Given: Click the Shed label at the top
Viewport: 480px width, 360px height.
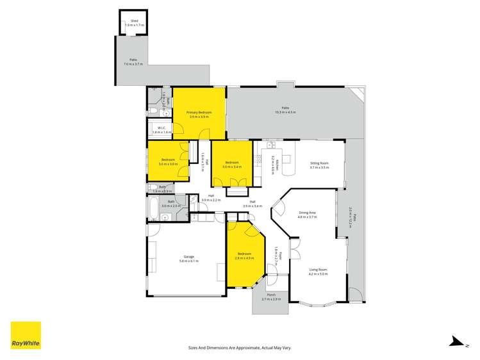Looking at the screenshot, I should (135, 21).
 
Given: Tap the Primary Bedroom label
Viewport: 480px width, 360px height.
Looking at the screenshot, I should (199, 112).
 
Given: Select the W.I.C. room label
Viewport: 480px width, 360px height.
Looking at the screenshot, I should (161, 128).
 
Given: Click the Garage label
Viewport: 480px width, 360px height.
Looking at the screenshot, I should (186, 256).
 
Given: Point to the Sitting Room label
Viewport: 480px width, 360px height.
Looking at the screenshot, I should (319, 163).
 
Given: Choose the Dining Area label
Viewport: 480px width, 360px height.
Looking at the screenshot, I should (308, 213).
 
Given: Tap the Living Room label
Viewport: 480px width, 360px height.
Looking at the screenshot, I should (319, 270).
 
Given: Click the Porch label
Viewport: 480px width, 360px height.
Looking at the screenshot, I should (272, 295).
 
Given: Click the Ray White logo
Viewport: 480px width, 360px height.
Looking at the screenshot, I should (26, 336).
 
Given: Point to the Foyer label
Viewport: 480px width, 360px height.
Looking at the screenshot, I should (276, 255).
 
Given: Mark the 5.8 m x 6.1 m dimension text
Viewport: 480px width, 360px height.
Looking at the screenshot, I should (186, 262).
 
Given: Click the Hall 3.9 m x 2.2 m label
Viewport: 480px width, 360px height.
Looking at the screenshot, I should (211, 197).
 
